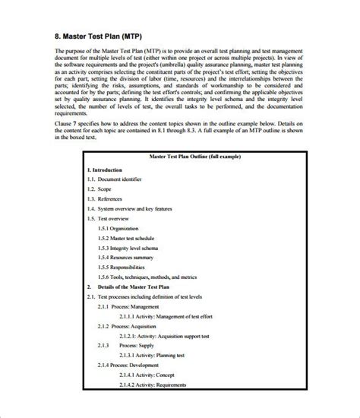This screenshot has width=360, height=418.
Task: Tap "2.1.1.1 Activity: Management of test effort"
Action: point(179,316)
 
